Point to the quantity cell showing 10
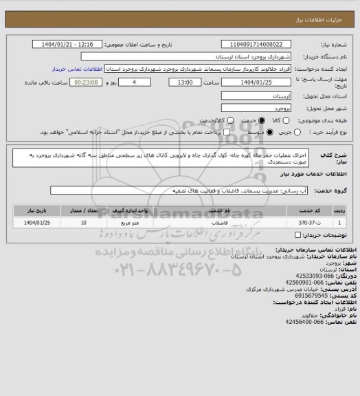point(84,223)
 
